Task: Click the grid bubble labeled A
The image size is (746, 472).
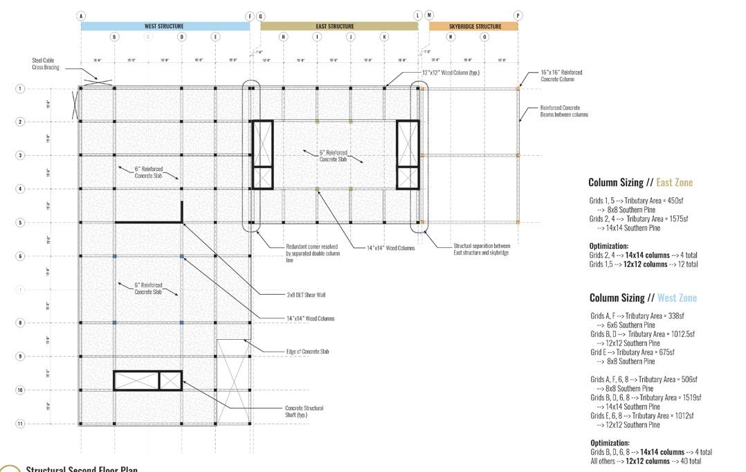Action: [81, 15]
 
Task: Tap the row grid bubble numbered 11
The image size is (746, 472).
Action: [21, 424]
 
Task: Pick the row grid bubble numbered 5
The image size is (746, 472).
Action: [21, 222]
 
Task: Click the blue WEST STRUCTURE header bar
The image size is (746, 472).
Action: [165, 26]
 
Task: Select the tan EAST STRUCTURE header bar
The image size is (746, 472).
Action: [339, 26]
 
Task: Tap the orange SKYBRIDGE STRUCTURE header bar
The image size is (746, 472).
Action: [473, 26]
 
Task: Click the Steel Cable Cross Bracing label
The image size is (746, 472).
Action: [47, 64]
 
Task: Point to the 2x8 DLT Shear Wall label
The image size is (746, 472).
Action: [305, 295]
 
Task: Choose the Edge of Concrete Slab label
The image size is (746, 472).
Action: [307, 352]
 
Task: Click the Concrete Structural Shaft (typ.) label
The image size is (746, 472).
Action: [304, 411]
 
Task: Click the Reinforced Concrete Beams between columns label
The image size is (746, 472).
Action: [564, 111]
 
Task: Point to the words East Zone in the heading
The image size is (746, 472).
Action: [674, 183]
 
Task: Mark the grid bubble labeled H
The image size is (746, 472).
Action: [283, 37]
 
